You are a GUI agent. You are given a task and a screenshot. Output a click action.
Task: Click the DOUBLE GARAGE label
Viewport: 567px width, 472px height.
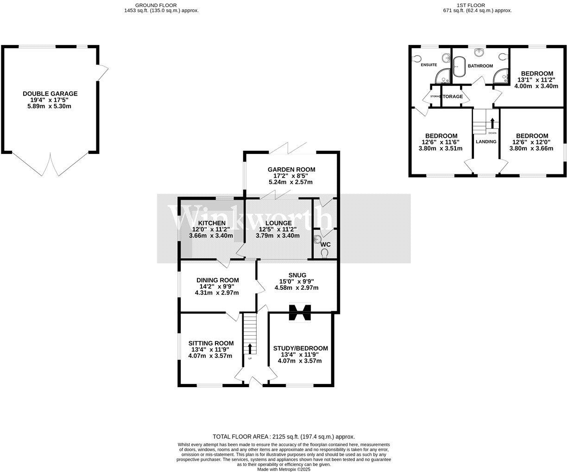50,94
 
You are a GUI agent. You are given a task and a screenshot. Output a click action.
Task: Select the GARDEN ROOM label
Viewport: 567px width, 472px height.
291,170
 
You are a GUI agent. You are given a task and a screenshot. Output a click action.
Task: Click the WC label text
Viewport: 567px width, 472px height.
325,244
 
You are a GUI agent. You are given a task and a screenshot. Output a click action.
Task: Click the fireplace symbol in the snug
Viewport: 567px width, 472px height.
299,312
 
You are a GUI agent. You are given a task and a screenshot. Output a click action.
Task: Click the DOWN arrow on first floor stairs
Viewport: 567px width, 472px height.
492,123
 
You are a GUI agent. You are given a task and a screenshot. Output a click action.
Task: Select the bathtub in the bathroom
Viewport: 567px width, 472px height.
459,67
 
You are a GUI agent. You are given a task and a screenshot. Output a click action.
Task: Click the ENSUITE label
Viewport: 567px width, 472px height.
428,65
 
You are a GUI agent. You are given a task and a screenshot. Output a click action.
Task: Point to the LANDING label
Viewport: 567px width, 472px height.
486,141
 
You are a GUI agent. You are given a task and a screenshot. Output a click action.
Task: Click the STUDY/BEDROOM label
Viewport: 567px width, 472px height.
300,348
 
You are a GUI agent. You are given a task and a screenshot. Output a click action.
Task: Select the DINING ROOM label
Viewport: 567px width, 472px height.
217,280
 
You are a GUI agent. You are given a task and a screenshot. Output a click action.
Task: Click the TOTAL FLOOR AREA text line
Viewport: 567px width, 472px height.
283,436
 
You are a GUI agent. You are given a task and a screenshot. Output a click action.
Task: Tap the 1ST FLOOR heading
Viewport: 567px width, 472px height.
477,5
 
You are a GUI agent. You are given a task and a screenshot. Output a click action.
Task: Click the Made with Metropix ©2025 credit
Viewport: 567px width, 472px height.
283,469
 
